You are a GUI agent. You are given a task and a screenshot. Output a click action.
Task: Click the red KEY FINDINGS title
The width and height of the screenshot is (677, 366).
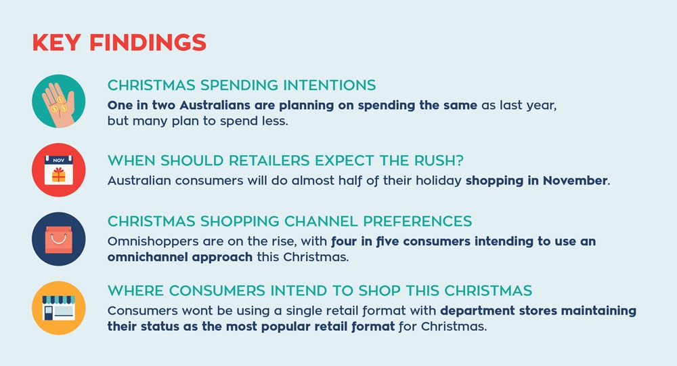click(119, 43)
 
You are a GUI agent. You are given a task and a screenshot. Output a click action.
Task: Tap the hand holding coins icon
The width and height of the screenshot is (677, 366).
click(59, 101)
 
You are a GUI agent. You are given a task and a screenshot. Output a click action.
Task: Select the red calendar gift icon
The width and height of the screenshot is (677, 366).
click(59, 170)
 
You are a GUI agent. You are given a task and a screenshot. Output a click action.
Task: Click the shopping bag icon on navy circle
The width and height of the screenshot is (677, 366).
click(59, 239)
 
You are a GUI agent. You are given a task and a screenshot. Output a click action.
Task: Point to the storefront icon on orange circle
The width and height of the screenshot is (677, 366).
click(59, 308)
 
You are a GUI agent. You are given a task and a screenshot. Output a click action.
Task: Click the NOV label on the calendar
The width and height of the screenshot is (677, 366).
click(58, 161)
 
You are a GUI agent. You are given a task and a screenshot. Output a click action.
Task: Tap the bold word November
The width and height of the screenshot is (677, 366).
click(574, 181)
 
